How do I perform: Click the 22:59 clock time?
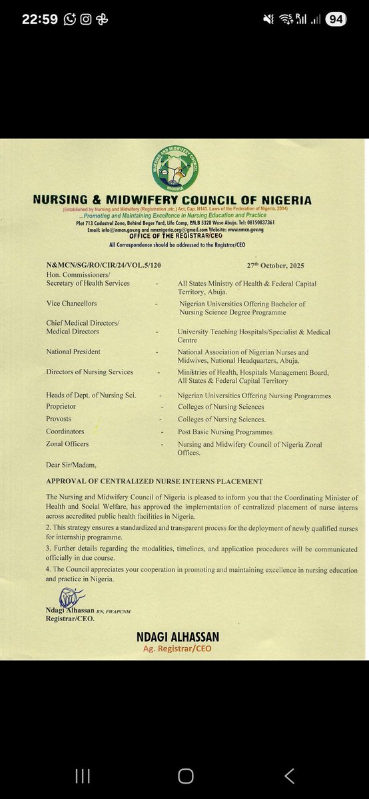[39, 19]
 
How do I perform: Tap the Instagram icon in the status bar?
[86, 19]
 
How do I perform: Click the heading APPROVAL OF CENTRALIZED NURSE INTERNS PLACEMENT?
[155, 481]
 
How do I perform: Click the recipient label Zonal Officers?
[67, 443]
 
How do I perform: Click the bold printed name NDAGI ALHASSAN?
[177, 637]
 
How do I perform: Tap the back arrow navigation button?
[289, 757]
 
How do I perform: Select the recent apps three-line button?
[82, 757]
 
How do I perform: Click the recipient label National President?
[73, 352]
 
